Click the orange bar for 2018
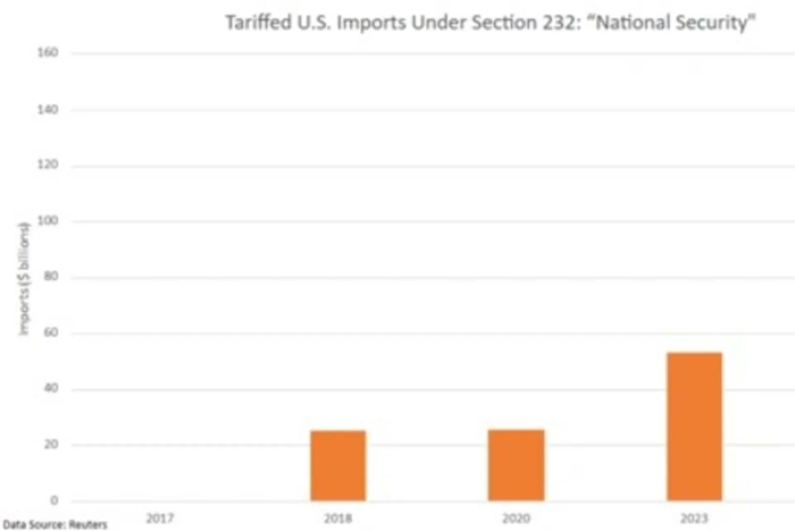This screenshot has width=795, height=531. [x=338, y=466]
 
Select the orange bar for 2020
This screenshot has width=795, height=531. [x=516, y=465]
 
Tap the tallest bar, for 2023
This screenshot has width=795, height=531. [x=694, y=427]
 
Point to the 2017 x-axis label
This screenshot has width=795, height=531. [x=160, y=518]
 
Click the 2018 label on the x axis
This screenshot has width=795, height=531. [x=338, y=518]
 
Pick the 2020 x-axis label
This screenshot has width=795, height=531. [x=516, y=518]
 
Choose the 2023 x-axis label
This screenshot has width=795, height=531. [x=694, y=518]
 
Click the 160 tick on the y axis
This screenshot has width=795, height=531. [x=48, y=53]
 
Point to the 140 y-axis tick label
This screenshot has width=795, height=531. [x=48, y=109]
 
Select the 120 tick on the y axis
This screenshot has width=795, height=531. [x=48, y=165]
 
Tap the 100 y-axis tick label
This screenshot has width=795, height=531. [x=48, y=221]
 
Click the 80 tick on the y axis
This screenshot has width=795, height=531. [x=51, y=276]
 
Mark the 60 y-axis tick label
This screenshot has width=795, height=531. [x=51, y=332]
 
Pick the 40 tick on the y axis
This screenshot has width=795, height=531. [x=51, y=388]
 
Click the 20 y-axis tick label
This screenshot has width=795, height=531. [x=51, y=444]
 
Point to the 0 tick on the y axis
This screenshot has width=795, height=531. [x=54, y=501]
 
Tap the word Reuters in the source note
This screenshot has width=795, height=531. [x=88, y=525]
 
